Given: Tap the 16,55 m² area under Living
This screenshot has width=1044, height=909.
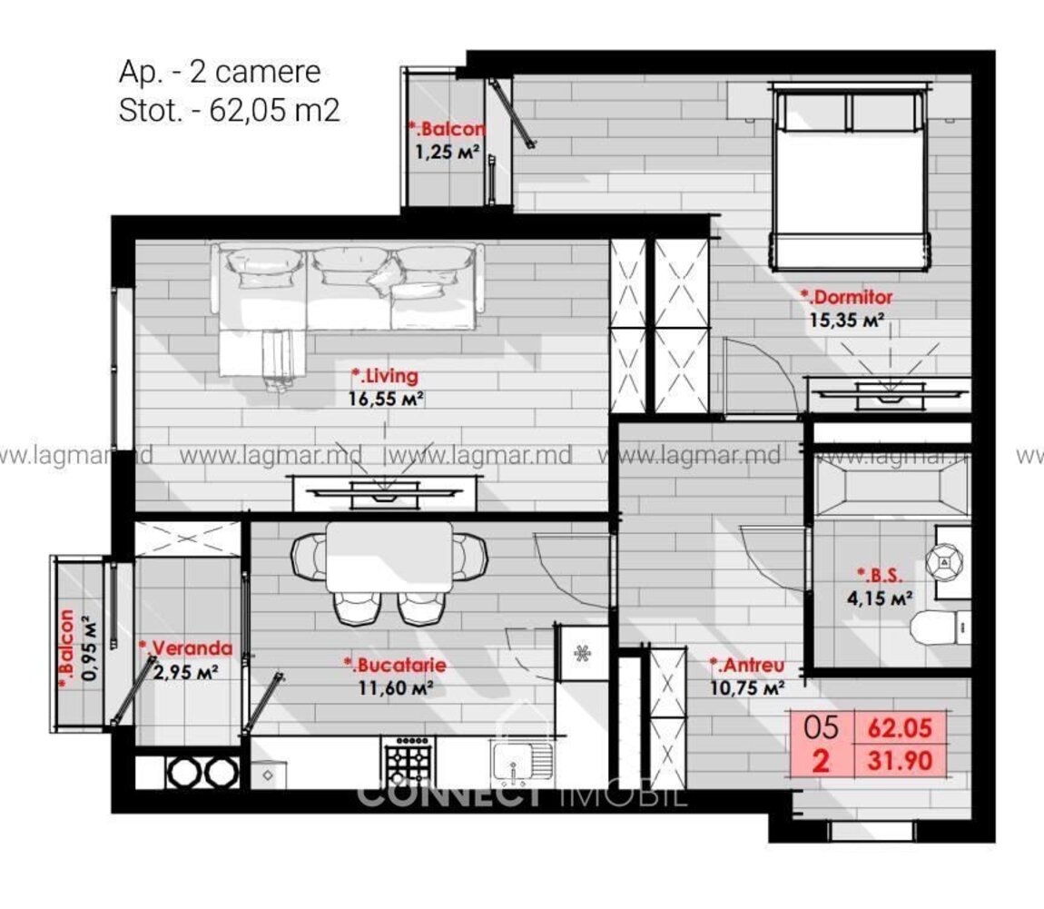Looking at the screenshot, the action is click(386, 399).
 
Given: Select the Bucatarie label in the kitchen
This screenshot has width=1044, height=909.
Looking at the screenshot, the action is click(395, 665).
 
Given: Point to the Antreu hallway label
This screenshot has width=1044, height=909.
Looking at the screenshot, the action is click(746, 665).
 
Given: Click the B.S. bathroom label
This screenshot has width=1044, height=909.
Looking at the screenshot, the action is click(879, 575).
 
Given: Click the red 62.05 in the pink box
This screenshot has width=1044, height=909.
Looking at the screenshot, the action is click(900, 727).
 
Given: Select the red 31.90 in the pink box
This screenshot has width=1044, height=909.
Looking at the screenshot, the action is click(900, 760).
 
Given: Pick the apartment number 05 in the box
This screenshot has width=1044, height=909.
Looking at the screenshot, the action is click(821, 727).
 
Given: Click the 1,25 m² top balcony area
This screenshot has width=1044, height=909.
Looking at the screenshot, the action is click(448, 152).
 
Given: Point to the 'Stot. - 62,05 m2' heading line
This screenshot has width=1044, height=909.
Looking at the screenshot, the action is click(230, 110).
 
